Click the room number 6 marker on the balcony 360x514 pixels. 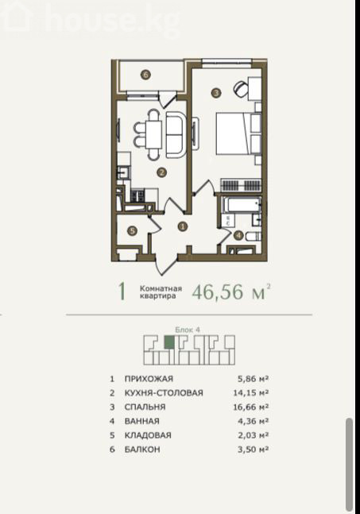tap(146, 75)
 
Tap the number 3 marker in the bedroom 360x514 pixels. tap(215, 93)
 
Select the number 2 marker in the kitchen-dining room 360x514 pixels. tap(161, 172)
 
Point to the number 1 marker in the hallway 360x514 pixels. tap(183, 226)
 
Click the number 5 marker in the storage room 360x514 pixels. tap(132, 231)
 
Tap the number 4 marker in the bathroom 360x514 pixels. tap(238, 235)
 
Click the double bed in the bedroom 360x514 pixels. tap(238, 133)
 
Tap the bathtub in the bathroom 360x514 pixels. tap(242, 205)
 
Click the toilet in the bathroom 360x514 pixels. tap(254, 236)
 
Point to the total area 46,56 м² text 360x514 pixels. tap(231, 292)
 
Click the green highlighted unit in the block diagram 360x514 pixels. tap(169, 342)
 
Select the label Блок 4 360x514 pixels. tap(188, 330)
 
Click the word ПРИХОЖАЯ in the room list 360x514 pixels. tap(149, 379)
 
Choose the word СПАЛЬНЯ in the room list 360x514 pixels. tap(145, 407)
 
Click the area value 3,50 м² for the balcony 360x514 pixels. tap(254, 450)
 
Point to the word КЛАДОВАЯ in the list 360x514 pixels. tap(148, 435)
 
